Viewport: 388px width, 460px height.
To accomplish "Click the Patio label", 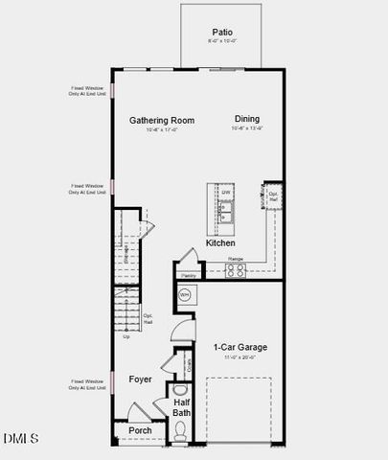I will click(x=222, y=32).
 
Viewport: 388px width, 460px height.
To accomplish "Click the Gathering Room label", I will click(x=162, y=121).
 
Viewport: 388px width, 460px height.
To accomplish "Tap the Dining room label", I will click(x=246, y=120).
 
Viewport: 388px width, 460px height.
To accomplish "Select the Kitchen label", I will click(x=220, y=243).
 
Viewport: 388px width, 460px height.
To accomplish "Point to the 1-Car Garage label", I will click(x=240, y=347).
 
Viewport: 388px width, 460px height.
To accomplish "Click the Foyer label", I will click(x=141, y=379).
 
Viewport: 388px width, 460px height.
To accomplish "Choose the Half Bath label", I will click(x=182, y=407).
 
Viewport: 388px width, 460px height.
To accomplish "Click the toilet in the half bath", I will click(x=180, y=439).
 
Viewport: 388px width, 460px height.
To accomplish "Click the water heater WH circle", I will click(x=185, y=295).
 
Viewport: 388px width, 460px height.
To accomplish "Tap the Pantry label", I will click(x=189, y=274).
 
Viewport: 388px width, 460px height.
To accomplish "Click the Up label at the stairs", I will click(x=126, y=336).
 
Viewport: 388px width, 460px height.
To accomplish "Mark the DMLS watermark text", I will click(x=21, y=438).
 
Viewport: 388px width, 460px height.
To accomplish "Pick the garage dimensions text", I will click(x=240, y=356).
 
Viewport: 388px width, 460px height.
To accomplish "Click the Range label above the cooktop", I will click(x=235, y=259).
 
